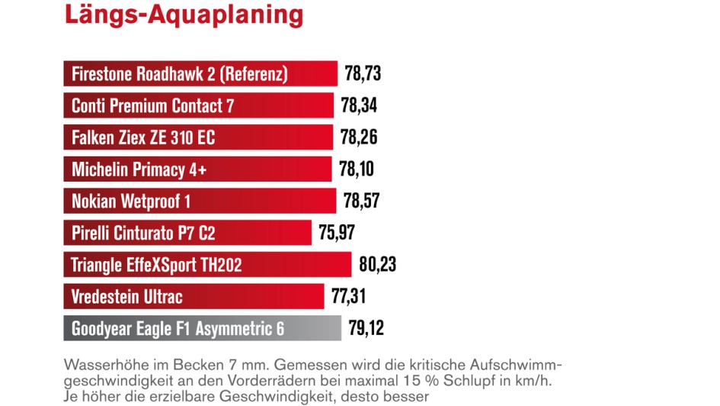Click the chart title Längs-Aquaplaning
point(183,14)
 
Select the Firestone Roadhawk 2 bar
point(200,74)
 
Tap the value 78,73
point(363,74)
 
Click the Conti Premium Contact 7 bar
point(198,105)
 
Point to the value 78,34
point(359,105)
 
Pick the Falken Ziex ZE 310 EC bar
point(198,137)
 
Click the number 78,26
point(359,137)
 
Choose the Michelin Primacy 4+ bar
point(197,169)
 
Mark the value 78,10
point(357,169)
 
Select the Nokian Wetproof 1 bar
point(199,201)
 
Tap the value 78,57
point(361,201)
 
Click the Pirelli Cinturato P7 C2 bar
point(187,233)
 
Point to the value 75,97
point(337,233)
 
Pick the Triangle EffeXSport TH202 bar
point(206,265)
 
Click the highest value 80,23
point(378,265)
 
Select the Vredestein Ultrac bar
point(194,296)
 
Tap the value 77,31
point(350,296)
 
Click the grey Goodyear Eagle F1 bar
point(202,328)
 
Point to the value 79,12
point(366,328)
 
